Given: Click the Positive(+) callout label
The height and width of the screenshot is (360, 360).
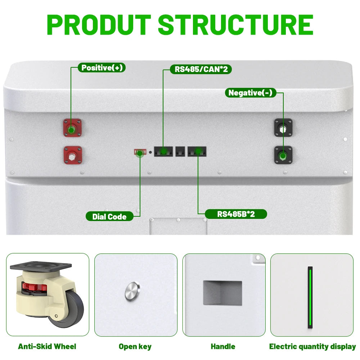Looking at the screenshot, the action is pyautogui.click(x=102, y=68).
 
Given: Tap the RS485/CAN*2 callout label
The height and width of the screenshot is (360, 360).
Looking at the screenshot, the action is pyautogui.click(x=201, y=69).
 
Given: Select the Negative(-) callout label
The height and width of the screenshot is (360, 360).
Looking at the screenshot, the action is pyautogui.click(x=251, y=93).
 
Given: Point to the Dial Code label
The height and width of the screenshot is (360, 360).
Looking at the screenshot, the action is pyautogui.click(x=109, y=216).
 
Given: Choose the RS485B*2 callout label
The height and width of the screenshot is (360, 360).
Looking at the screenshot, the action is pyautogui.click(x=236, y=214).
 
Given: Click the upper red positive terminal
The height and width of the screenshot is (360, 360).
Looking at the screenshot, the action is pyautogui.click(x=72, y=128).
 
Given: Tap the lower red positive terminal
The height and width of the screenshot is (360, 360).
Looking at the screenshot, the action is pyautogui.click(x=73, y=155).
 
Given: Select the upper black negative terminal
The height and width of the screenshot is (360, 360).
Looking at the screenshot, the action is pyautogui.click(x=284, y=127).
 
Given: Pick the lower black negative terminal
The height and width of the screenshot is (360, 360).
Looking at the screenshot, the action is pyautogui.click(x=284, y=155).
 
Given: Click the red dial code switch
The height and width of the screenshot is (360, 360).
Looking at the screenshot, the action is pyautogui.click(x=140, y=152).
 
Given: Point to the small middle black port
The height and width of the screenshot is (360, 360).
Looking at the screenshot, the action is pyautogui.click(x=180, y=152).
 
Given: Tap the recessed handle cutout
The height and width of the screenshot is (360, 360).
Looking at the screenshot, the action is pyautogui.click(x=222, y=293).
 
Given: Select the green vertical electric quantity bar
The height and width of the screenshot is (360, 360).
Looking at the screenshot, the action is pyautogui.click(x=310, y=297).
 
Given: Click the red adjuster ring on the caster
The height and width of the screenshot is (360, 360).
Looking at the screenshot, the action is pyautogui.click(x=34, y=287).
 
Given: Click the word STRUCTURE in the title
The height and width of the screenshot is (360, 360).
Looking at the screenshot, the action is pyautogui.click(x=236, y=24).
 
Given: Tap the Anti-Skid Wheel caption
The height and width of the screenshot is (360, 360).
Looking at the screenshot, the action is pyautogui.click(x=47, y=346).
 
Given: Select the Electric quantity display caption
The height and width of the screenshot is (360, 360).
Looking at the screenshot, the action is pyautogui.click(x=312, y=347).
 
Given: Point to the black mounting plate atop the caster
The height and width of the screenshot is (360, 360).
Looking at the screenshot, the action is pyautogui.click(x=41, y=266).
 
